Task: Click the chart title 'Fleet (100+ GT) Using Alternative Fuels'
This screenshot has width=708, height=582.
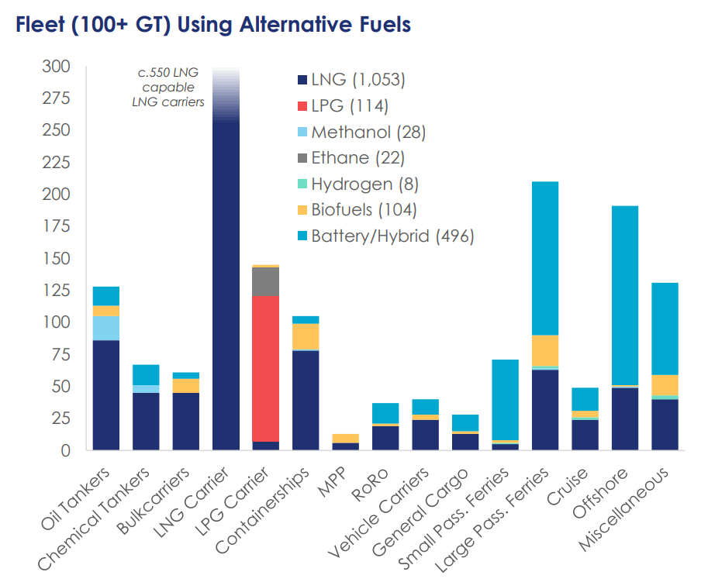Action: (208, 25)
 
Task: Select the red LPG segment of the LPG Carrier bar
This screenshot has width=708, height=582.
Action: (265, 368)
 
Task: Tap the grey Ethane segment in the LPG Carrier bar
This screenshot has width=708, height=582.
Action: (265, 281)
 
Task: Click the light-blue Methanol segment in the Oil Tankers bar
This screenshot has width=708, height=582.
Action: (106, 328)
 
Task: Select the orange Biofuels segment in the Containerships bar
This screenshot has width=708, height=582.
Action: (306, 336)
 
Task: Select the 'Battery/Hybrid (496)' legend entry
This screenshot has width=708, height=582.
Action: (385, 236)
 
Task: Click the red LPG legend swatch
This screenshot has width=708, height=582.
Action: (302, 106)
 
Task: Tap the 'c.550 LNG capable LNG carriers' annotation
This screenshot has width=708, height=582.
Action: (168, 88)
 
